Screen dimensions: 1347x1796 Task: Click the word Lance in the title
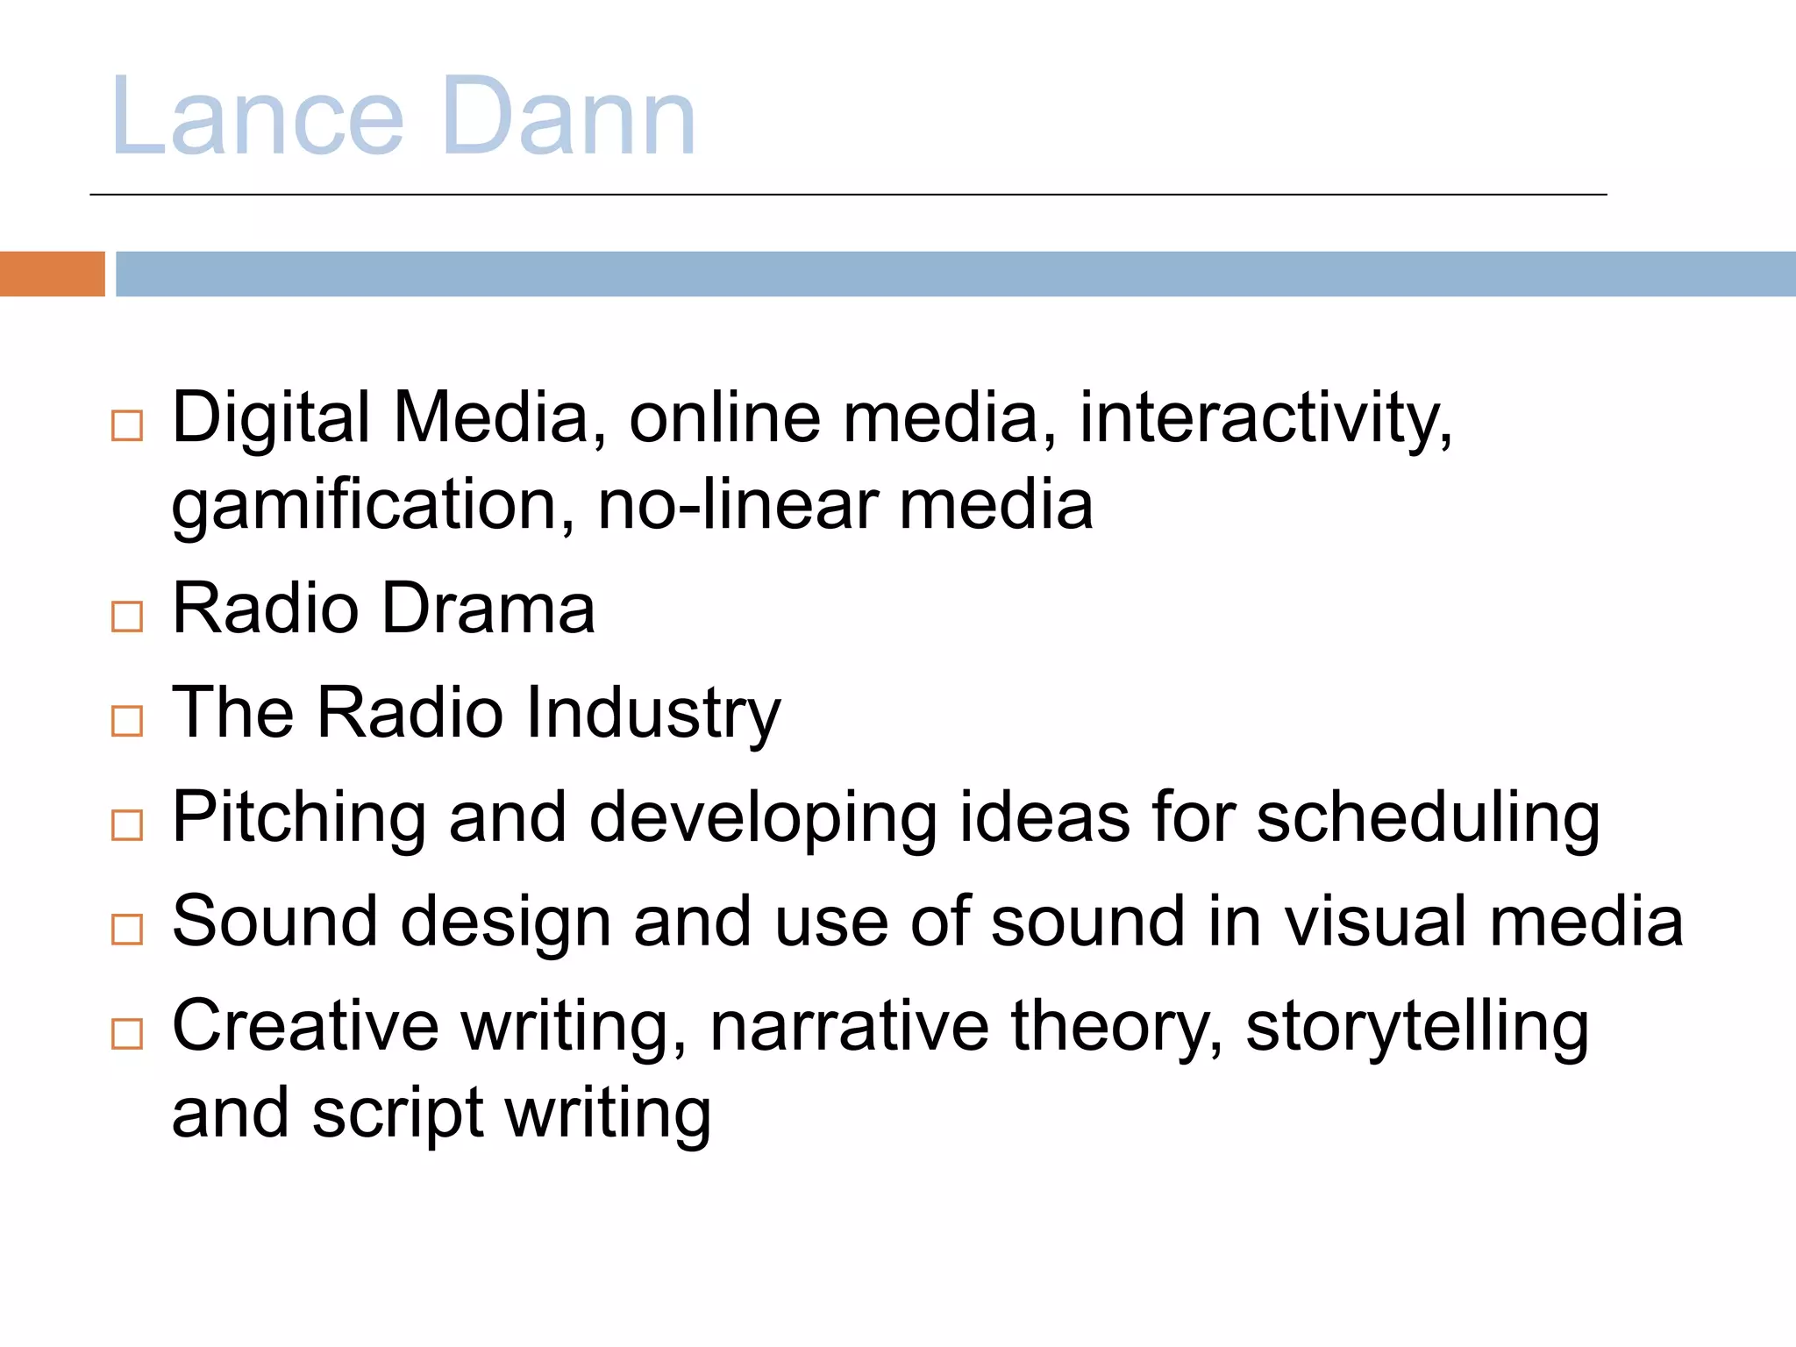[257, 118]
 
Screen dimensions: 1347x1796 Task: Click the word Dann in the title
[568, 118]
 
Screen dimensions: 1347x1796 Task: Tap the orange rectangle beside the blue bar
[52, 274]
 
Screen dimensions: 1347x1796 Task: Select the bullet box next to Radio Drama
[127, 616]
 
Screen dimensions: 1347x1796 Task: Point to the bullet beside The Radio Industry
[127, 721]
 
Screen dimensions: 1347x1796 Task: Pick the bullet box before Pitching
[127, 825]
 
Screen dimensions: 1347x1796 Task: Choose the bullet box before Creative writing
[127, 1034]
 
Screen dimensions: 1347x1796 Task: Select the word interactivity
[1265, 418]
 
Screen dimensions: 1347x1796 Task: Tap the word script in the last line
[397, 1114]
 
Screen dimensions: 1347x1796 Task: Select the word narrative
[849, 1026]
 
